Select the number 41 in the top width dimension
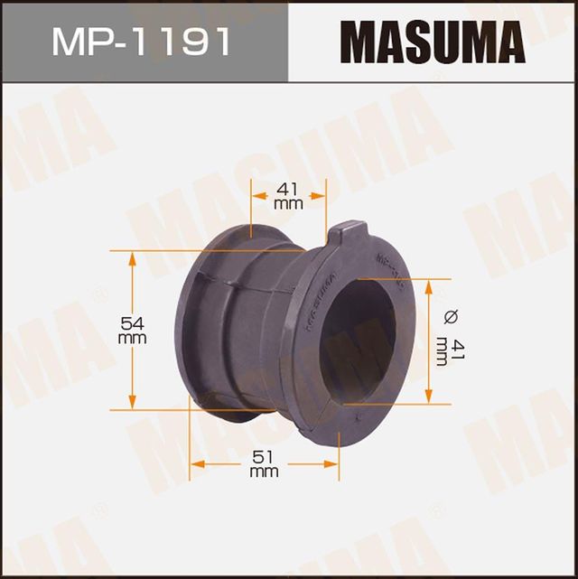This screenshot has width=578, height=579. [x=288, y=190]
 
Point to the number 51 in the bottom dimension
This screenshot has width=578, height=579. [x=263, y=457]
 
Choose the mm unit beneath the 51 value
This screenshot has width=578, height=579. [x=263, y=472]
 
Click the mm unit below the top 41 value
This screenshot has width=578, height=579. [x=288, y=205]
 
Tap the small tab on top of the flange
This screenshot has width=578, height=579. [x=347, y=236]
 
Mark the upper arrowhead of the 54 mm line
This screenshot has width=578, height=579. [x=132, y=257]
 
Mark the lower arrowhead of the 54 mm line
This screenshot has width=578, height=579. [x=132, y=402]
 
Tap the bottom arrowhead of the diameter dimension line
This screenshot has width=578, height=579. [x=429, y=397]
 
